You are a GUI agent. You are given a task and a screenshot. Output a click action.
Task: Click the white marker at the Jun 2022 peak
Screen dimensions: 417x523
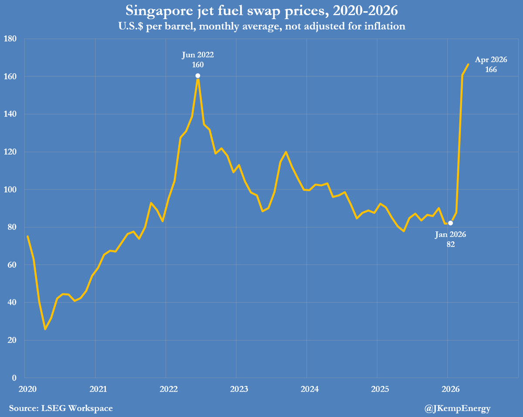click(x=198, y=76)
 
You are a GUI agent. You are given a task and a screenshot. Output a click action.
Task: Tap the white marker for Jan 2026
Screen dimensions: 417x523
click(x=451, y=223)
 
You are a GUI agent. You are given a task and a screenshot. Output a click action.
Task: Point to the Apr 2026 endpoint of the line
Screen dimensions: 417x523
click(x=468, y=64)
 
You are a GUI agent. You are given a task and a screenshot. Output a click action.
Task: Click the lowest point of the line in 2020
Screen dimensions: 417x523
click(x=45, y=329)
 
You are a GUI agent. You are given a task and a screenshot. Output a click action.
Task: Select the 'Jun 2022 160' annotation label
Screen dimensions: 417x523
click(x=198, y=60)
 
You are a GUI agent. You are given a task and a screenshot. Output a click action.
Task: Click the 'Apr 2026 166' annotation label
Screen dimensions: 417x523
click(x=491, y=65)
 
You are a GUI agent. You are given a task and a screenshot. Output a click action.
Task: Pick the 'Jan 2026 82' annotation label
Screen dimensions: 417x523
click(x=451, y=239)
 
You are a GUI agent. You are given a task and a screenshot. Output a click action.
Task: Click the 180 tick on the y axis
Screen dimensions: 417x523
click(x=10, y=39)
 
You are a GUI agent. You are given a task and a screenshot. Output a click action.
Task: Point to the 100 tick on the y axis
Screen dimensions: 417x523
click(x=10, y=190)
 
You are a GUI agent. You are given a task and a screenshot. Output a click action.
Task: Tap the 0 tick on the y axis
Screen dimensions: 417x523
click(x=14, y=378)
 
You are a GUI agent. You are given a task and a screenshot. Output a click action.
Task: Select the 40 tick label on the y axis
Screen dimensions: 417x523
click(x=12, y=303)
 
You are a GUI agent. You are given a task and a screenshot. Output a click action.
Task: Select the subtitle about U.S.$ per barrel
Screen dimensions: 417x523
click(x=261, y=26)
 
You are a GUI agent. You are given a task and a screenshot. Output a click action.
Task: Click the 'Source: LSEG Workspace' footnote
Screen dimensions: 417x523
click(x=61, y=408)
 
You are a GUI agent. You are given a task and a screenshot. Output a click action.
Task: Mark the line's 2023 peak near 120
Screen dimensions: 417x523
click(x=286, y=152)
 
